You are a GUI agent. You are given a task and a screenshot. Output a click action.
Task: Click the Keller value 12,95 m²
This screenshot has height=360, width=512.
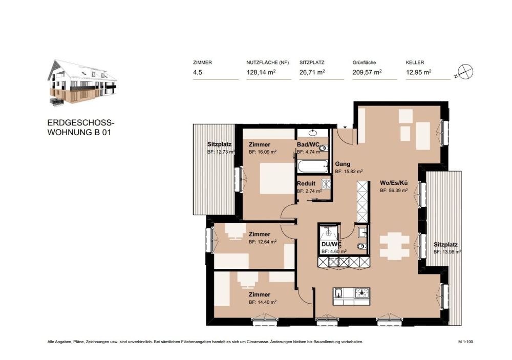click(418, 73)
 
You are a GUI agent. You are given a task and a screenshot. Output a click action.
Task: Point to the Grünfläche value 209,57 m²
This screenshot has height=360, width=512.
click(367, 73)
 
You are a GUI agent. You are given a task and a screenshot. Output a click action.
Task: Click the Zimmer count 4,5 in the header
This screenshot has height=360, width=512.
click(198, 73)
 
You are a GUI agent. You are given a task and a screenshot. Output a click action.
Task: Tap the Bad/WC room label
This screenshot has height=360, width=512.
click(309, 144)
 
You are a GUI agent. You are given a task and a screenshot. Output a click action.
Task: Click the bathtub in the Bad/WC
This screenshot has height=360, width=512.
click(313, 166)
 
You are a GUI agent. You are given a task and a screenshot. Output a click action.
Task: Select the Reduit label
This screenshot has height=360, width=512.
click(306, 183)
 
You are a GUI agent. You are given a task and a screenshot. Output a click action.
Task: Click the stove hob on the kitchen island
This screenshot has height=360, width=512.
click(362, 293)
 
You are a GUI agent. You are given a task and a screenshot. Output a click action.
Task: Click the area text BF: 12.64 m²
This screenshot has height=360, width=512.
click(263, 242)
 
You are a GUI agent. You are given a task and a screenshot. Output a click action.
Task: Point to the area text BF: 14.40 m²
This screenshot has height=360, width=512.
click(263, 302)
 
